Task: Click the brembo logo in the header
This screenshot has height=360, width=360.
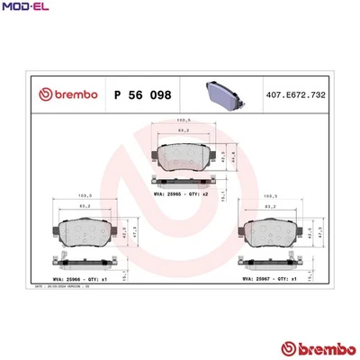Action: (x=65, y=93)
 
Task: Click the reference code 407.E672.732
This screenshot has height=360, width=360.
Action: (x=303, y=93)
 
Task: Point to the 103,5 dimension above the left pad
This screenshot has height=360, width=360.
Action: (x=87, y=195)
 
